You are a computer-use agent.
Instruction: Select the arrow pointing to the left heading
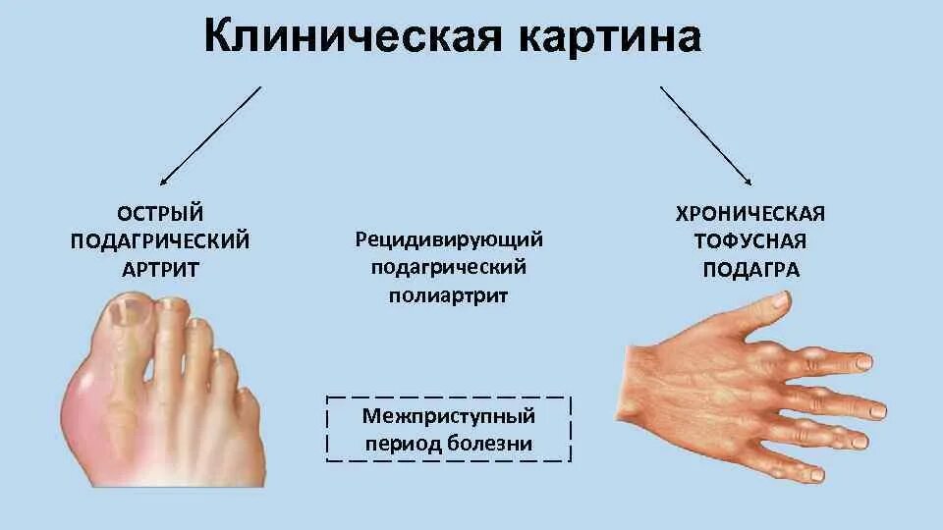coord(210,135)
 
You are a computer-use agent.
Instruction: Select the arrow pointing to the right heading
coord(706,135)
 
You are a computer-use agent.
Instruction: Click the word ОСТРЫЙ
coord(160,213)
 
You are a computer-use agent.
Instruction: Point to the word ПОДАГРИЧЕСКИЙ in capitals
coord(160,240)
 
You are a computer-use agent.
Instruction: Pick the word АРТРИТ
coord(160,268)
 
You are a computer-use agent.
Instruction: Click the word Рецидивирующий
coord(450,239)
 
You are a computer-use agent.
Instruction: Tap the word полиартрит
coord(450,295)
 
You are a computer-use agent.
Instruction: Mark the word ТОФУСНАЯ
coord(750,241)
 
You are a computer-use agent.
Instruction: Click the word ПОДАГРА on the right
coord(750,269)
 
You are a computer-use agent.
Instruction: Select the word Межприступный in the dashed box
coord(449,415)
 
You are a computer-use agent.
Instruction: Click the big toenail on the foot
coord(126,313)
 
